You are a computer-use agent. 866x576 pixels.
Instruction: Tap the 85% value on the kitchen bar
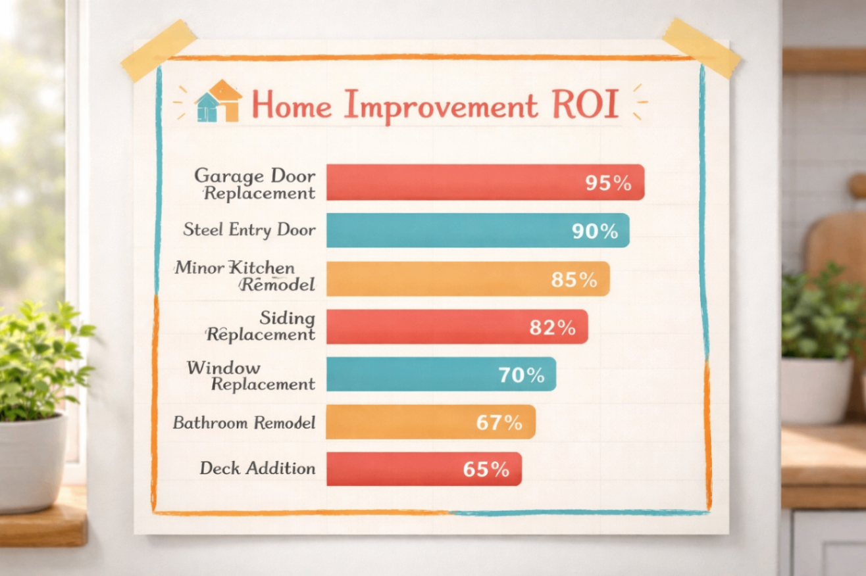574,279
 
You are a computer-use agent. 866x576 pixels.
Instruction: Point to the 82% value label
553,327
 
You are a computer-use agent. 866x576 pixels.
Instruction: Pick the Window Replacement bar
421,374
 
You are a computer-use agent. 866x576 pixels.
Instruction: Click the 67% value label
499,423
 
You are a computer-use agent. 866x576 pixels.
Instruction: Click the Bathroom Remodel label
244,422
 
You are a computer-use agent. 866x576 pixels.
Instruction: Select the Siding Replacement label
261,326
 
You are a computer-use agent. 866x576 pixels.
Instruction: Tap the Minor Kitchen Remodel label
245,276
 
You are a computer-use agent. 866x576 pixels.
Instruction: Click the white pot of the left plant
32,464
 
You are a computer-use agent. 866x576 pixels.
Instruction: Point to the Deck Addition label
257,469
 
